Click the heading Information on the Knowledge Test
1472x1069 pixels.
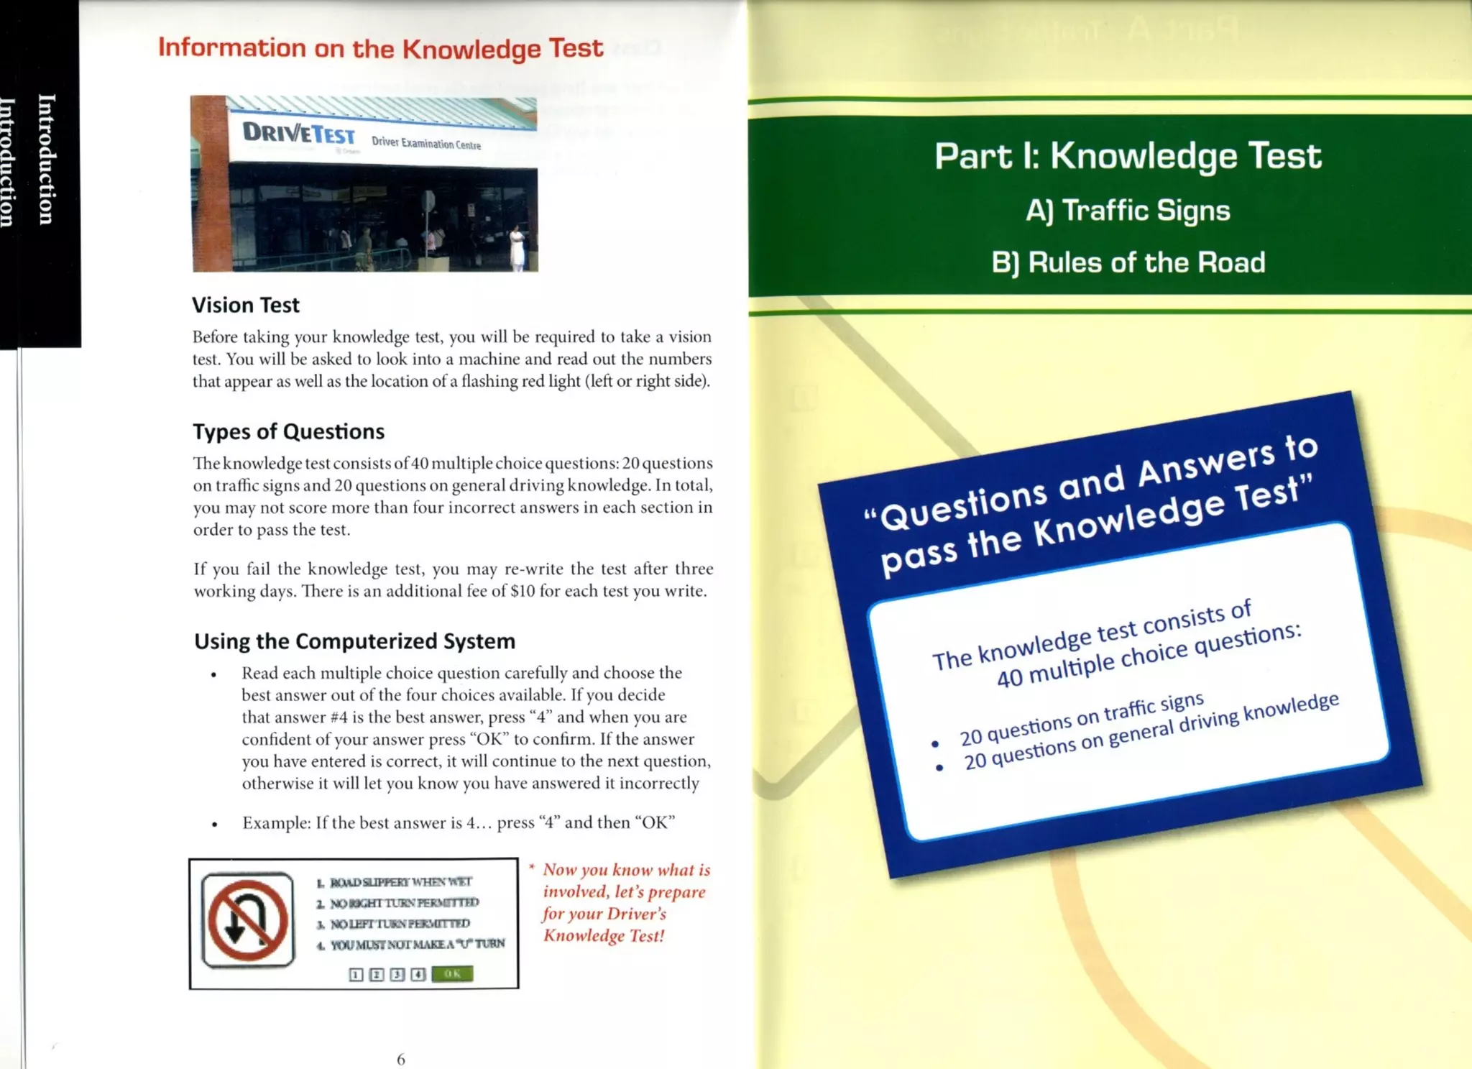(x=380, y=48)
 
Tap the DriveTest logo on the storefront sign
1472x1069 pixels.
(x=298, y=133)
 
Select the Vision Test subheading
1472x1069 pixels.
(x=245, y=306)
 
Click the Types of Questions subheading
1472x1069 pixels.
(x=288, y=431)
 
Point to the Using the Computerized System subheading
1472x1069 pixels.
(x=354, y=641)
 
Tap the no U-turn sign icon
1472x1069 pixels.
(x=248, y=920)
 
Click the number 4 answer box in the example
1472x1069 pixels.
(x=418, y=975)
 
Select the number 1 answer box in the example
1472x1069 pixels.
(x=355, y=975)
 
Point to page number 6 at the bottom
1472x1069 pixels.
(x=401, y=1059)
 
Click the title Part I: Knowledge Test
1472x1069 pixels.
(x=1127, y=156)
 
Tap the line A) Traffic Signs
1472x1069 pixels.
(x=1127, y=211)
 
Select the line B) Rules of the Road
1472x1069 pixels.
(x=1127, y=263)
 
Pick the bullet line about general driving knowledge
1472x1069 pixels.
(x=1151, y=731)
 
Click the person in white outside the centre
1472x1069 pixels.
(x=517, y=247)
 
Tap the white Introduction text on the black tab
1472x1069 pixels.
(x=45, y=159)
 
